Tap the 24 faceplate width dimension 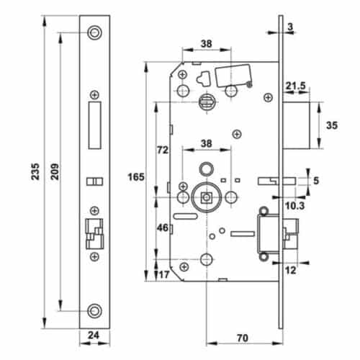pos(93,335)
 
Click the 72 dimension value pos(163,150)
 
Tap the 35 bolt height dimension pos(333,125)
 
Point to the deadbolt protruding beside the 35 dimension pos(302,125)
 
